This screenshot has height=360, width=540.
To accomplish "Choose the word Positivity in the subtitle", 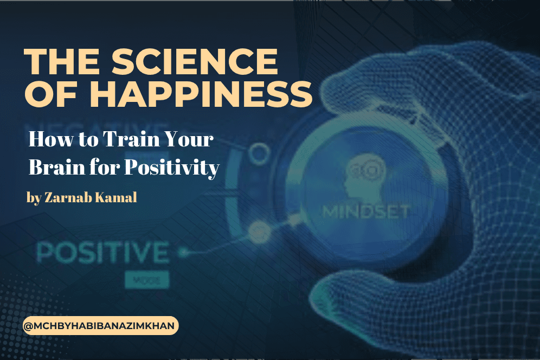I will coord(171,168).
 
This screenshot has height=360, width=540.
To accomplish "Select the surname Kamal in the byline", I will coord(117,197).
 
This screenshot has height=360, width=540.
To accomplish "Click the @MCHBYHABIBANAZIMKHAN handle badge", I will coord(101,326).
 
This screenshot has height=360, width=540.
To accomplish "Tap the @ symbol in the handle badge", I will coord(30,326).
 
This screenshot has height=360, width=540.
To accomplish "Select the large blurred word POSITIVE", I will coord(103,254).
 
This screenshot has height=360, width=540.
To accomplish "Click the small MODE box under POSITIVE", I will coord(147,280).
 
